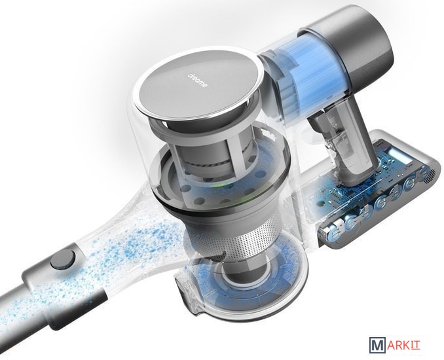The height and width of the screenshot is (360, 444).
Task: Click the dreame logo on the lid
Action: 198,80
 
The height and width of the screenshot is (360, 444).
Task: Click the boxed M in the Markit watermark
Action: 377,345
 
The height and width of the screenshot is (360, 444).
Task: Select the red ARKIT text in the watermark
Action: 403,345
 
